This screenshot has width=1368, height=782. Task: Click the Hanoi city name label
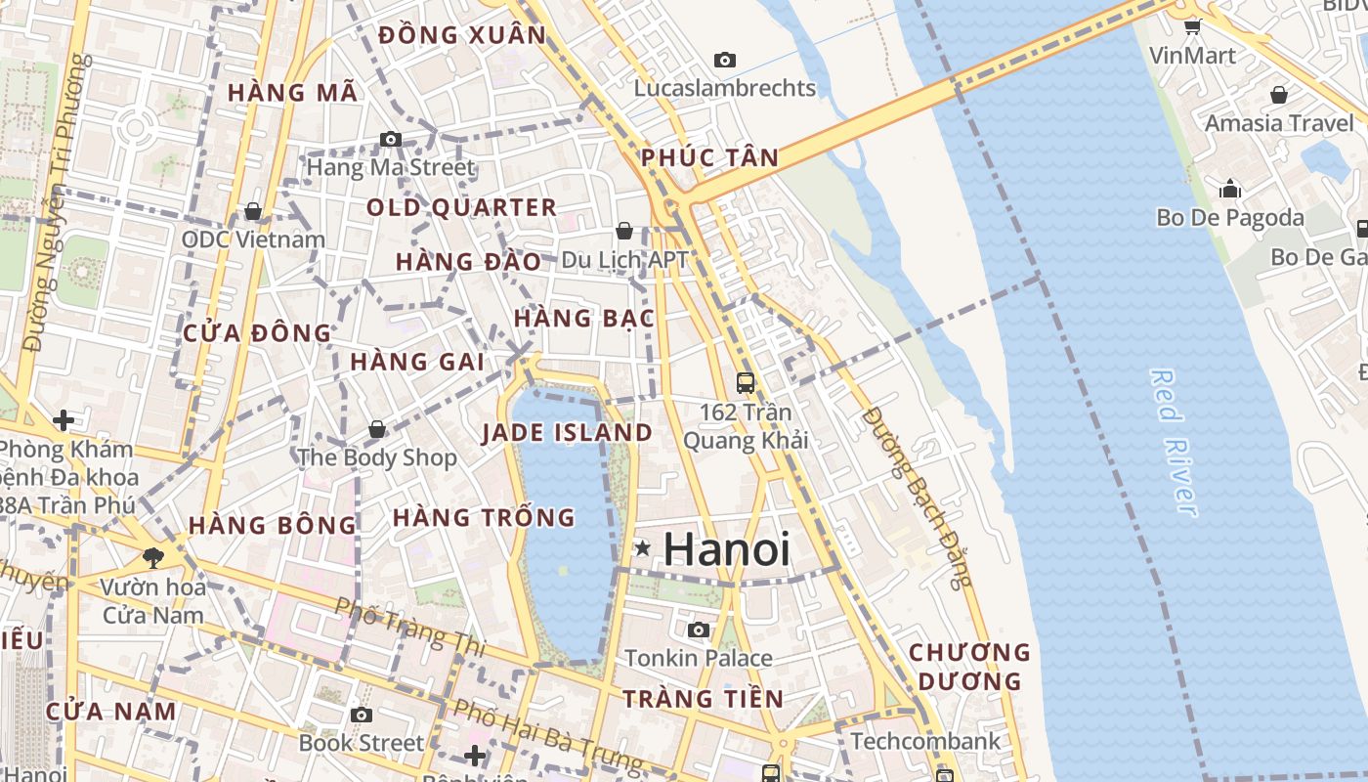coord(726,549)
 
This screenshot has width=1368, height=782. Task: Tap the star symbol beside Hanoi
coord(643,548)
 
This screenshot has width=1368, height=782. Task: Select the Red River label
coord(1174,442)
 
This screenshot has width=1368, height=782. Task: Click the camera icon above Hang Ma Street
coord(391,139)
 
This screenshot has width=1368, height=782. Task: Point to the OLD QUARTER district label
coord(461,207)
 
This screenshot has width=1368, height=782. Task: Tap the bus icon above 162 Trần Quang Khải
coord(746,382)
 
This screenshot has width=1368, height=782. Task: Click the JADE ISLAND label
coord(567,433)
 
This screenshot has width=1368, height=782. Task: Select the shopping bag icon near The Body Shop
coord(377,429)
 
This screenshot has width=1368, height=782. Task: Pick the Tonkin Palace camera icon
coord(699,630)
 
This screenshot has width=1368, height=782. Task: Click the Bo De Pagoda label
coord(1230,217)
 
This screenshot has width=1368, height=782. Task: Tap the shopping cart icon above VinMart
coord(1192,26)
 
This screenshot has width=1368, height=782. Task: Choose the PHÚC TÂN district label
coord(710,157)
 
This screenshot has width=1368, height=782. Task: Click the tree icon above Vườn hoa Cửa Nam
coord(152,558)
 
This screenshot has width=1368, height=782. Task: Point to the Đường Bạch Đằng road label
coord(919,497)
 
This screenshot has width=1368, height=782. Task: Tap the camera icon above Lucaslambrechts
coord(724,60)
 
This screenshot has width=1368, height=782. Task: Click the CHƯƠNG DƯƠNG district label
coord(969,666)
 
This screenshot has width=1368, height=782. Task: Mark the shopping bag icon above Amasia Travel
coord(1279,95)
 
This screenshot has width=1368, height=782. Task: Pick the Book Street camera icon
coord(362,715)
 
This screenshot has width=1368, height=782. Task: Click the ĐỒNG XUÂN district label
coord(462,35)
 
